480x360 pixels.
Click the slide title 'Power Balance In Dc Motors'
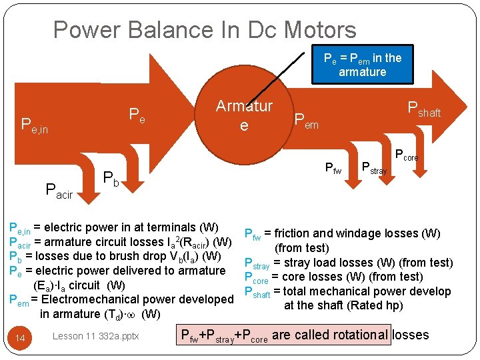click(205, 30)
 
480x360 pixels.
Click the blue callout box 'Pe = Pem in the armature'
click(362, 65)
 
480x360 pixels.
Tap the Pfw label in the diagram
click(333, 169)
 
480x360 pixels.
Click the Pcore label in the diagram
click(407, 155)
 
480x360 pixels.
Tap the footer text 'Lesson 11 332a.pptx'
click(95, 336)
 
